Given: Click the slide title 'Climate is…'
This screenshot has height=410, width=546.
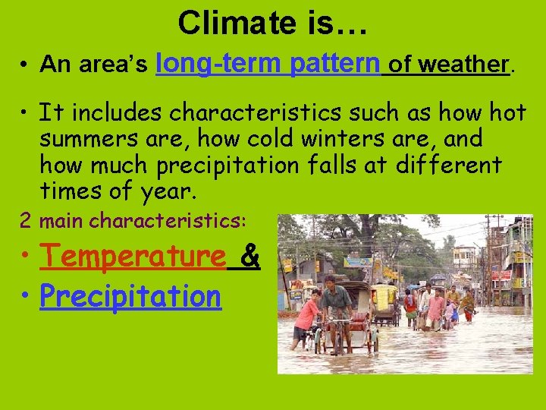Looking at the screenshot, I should click(x=273, y=23).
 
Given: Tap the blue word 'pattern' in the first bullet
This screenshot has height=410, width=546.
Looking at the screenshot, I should click(x=334, y=63).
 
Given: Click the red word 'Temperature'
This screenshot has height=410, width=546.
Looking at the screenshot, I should click(x=133, y=257).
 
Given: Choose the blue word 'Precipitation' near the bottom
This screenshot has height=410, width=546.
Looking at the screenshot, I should click(x=130, y=296).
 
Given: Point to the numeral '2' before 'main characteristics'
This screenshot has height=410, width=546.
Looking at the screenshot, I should click(x=26, y=221).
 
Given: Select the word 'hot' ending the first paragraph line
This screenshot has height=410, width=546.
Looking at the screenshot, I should click(x=507, y=113).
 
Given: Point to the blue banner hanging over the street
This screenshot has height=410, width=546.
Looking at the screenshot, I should click(x=357, y=262).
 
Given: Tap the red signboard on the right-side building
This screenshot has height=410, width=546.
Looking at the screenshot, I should click(x=501, y=275).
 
